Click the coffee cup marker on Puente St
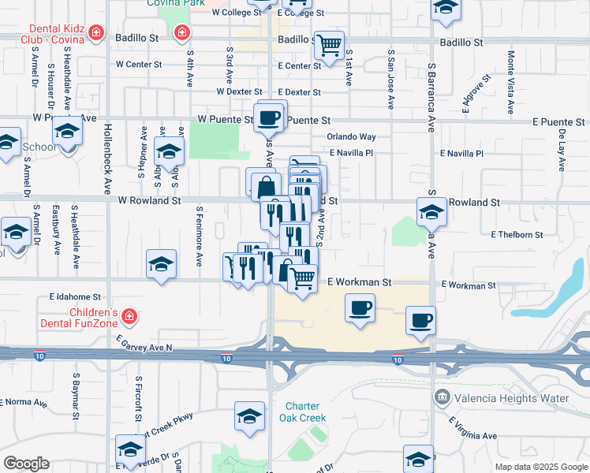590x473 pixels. pyautogui.click(x=270, y=117)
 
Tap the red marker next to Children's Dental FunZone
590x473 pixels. pyautogui.click(x=129, y=318)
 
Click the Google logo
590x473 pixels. pyautogui.click(x=26, y=464)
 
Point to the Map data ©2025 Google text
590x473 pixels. pyautogui.click(x=540, y=467)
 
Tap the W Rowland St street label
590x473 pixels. pyautogui.click(x=149, y=201)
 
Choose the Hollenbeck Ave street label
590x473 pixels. pyautogui.click(x=107, y=158)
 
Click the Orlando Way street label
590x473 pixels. pyautogui.click(x=352, y=136)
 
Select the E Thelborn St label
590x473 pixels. pyautogui.click(x=517, y=234)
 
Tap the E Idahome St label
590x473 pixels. pyautogui.click(x=75, y=297)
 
